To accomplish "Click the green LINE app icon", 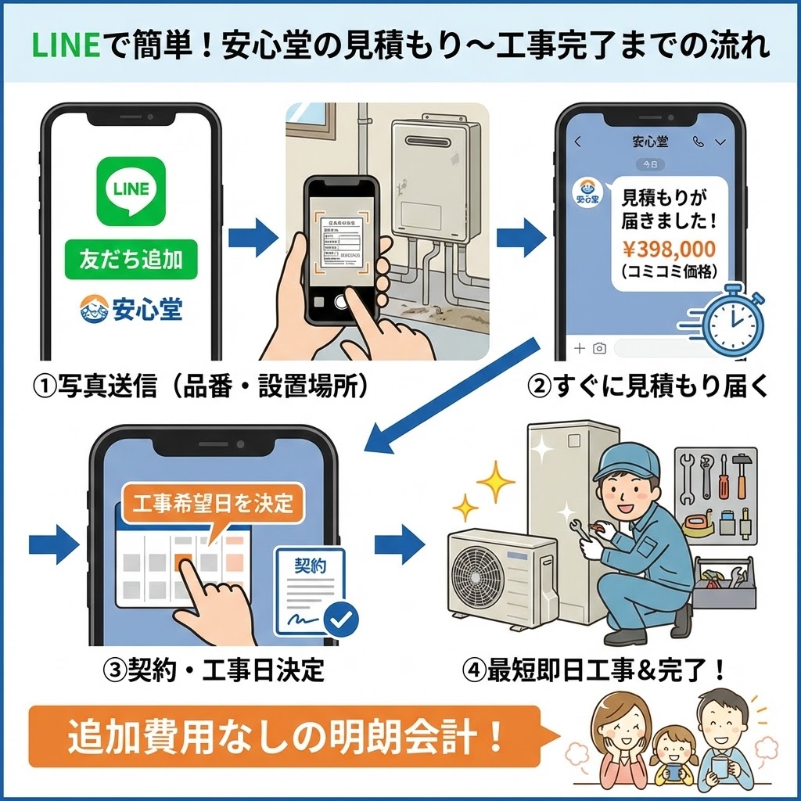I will [131, 192].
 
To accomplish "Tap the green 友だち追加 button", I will [131, 260].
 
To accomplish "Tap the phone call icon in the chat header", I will [698, 142].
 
